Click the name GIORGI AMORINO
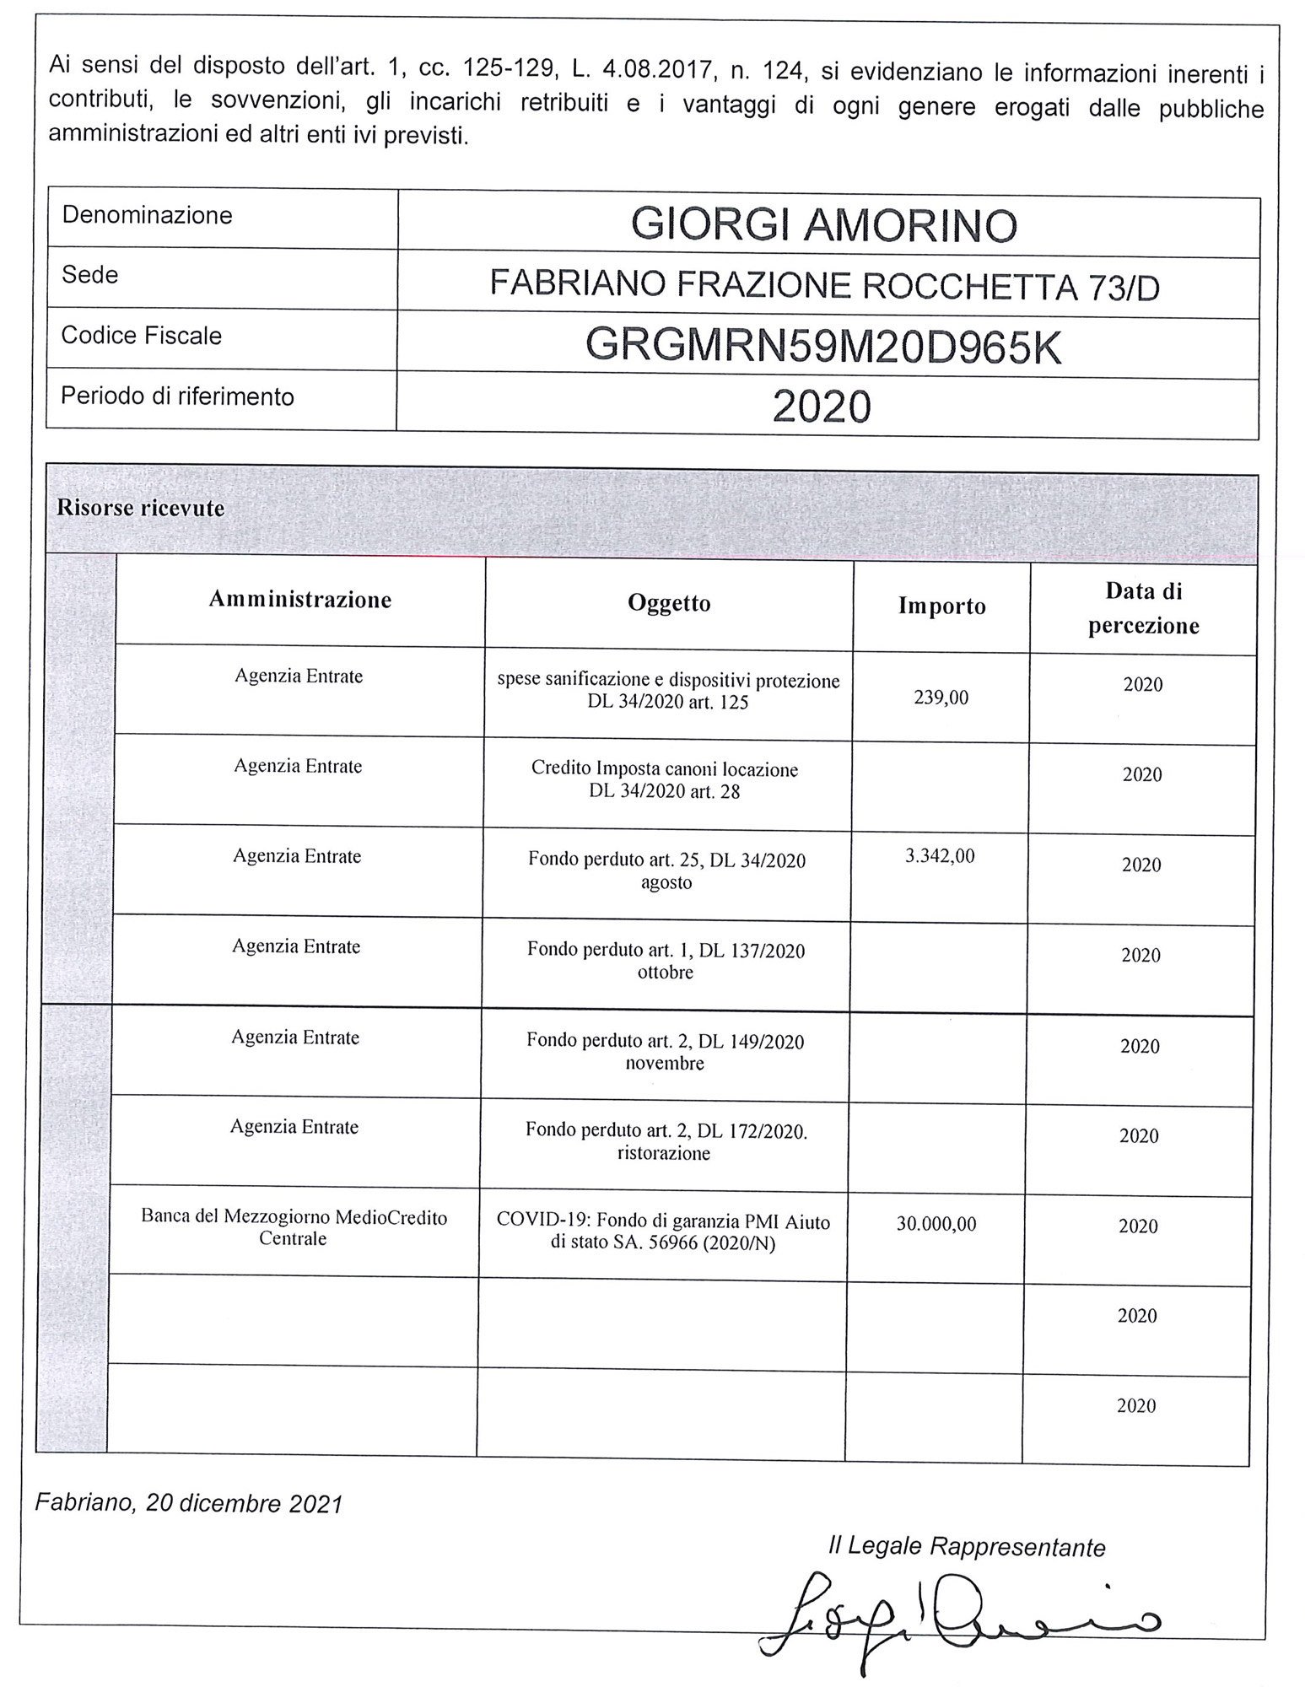(824, 225)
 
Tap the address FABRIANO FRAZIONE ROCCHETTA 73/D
(824, 286)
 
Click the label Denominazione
(147, 215)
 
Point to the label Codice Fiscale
(141, 336)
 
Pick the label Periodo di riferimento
(177, 396)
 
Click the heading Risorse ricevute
(140, 508)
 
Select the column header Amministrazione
(300, 600)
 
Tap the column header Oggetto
(669, 603)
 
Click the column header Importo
(941, 606)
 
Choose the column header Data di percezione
(1143, 608)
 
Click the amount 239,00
(941, 698)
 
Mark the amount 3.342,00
(940, 856)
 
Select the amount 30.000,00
(936, 1224)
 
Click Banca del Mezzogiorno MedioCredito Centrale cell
(294, 1228)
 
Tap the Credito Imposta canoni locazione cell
(665, 780)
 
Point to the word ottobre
(666, 973)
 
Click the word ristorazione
(664, 1153)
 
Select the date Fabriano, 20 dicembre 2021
(189, 1503)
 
